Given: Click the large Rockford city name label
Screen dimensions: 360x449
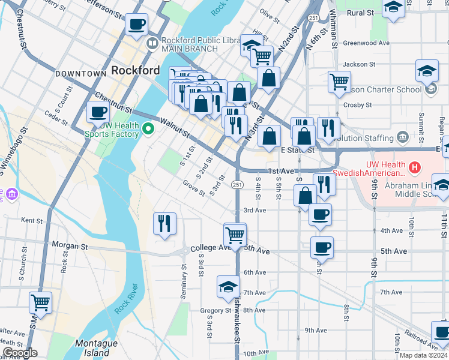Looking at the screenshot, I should (136, 70).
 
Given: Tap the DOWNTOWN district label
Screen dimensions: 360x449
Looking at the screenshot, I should (80, 74).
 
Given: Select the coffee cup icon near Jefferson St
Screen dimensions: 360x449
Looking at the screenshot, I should (137, 25).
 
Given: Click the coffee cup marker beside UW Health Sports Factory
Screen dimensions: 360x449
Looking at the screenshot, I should (98, 112).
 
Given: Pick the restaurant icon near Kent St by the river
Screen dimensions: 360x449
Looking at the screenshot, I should (164, 224).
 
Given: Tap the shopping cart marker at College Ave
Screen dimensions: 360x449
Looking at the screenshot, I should (235, 234).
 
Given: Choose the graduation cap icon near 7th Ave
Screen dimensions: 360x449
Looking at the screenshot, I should (228, 287).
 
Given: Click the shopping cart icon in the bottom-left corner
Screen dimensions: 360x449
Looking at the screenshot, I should (40, 302).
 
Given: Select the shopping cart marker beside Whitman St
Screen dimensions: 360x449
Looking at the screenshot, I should (339, 81).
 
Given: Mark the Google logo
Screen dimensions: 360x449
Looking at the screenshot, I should (19, 353).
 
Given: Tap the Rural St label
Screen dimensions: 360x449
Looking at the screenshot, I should (360, 13).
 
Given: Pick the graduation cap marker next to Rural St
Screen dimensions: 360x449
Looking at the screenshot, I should (393, 8).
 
